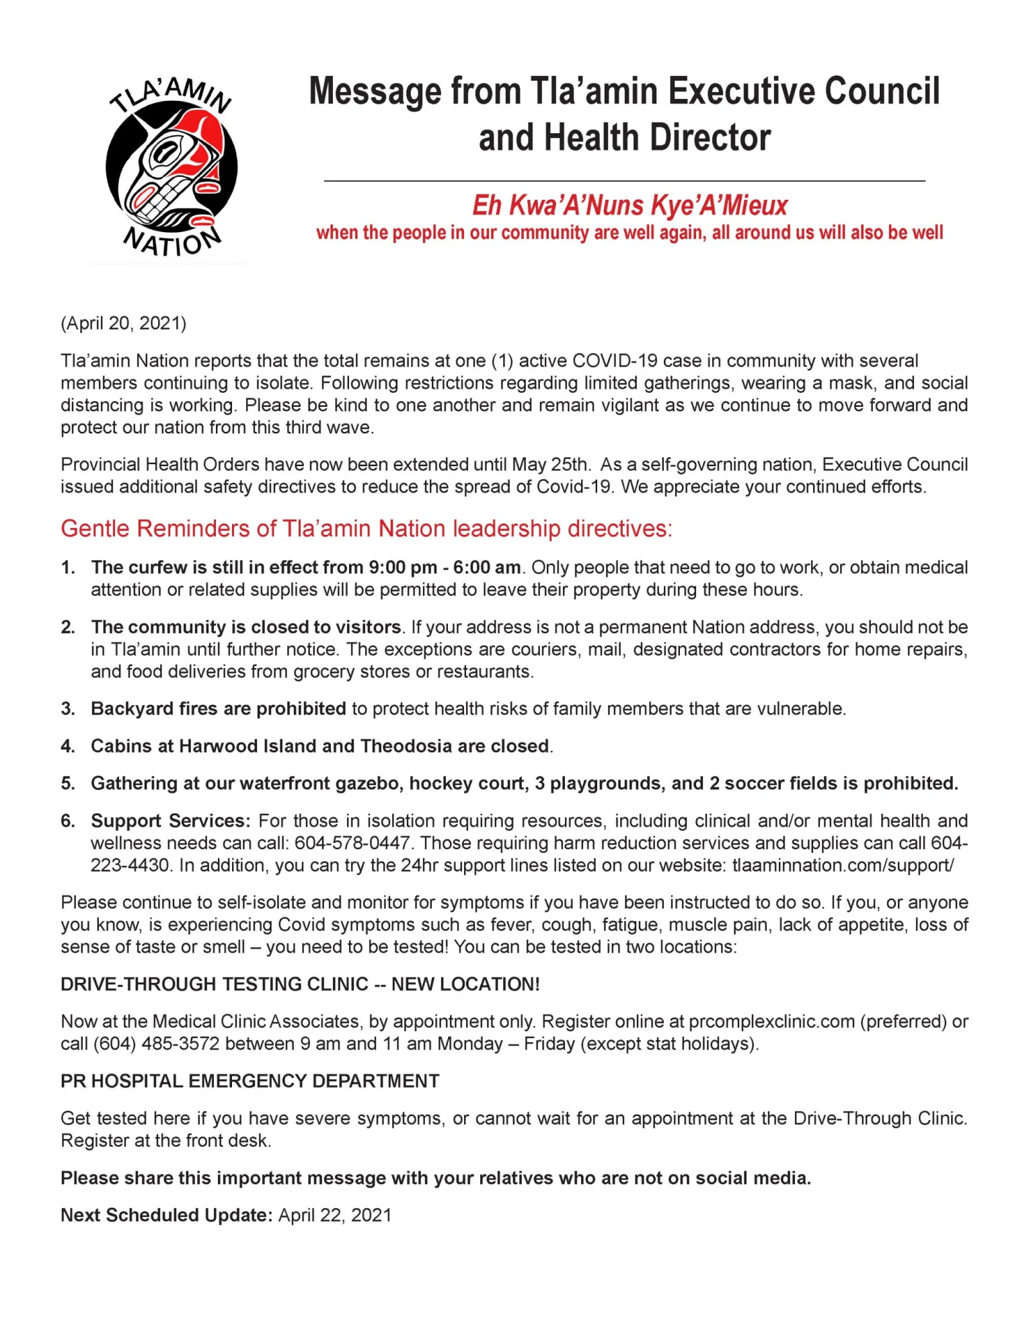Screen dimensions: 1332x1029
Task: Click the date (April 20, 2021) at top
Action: tap(123, 324)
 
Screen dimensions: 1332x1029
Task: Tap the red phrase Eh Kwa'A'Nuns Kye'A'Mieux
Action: tap(630, 205)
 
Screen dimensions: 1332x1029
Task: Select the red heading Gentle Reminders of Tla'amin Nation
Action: tap(366, 529)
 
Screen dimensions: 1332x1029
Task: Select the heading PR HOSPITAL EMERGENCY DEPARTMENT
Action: tap(250, 1081)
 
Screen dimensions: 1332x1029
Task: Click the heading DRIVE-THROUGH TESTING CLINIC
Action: tap(215, 984)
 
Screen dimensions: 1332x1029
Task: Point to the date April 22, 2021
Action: tap(334, 1215)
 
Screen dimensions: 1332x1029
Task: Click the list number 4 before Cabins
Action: tap(67, 746)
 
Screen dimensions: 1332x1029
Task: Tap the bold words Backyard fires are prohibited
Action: tap(219, 708)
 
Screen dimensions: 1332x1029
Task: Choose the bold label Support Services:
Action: tap(171, 821)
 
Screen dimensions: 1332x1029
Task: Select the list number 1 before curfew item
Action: tap(67, 567)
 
